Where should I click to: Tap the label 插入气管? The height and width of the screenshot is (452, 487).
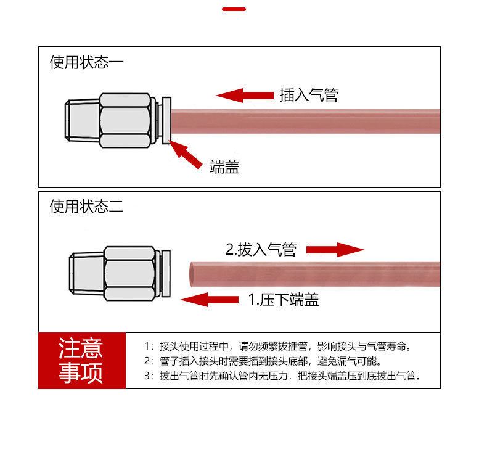point(309,95)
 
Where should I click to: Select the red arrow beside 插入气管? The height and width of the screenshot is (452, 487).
point(245,95)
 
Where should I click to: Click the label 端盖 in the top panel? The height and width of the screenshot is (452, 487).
point(224,166)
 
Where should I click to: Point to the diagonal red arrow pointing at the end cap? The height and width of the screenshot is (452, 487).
point(186,154)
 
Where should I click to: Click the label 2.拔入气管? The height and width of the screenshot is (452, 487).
point(261,250)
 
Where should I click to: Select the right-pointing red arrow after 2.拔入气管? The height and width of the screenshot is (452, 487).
point(335,249)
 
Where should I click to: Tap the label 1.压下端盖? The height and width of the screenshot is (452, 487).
point(283,300)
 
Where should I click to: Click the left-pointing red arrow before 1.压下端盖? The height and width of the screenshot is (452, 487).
point(210,300)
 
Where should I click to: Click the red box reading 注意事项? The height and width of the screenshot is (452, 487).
point(81,361)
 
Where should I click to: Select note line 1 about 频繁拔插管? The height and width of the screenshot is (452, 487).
point(277,346)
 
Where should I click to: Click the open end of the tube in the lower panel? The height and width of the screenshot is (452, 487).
point(192,273)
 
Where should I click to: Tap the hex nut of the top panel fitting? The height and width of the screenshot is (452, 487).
point(125,120)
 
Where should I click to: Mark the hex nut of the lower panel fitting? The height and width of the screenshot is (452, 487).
point(128,273)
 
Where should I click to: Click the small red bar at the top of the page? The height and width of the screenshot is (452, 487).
point(234,9)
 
